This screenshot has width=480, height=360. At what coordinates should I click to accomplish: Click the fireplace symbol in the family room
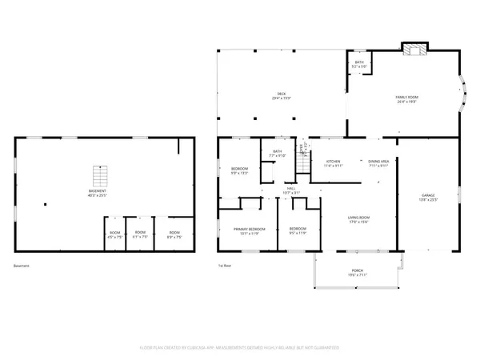414,50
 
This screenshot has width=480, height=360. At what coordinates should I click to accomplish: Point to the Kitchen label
333,162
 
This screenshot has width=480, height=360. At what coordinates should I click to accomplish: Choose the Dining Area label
378,162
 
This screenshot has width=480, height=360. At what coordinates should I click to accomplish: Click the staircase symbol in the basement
100,175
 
